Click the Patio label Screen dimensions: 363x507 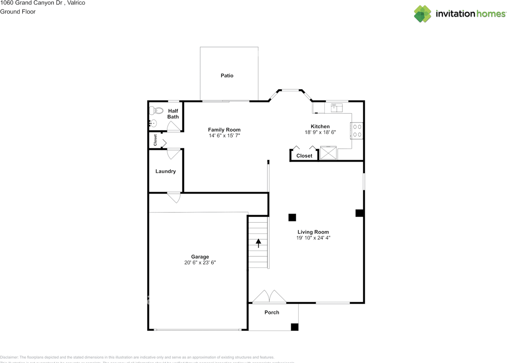227,76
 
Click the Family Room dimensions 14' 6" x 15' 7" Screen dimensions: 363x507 224,136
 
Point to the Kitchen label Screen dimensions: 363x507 320,127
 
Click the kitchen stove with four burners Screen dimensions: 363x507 356,131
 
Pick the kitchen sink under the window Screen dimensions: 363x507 336,107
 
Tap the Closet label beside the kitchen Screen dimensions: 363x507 304,156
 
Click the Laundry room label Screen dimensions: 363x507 166,171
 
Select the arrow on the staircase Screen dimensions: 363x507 259,243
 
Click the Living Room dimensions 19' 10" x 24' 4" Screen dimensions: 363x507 313,238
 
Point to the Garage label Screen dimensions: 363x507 200,257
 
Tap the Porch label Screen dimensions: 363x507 272,312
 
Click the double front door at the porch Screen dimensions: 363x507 269,297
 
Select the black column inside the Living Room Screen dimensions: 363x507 292,217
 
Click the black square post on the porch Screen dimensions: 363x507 294,327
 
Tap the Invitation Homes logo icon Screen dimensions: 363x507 423,14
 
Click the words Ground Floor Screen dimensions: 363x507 18,11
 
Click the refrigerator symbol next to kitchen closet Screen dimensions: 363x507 328,153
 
